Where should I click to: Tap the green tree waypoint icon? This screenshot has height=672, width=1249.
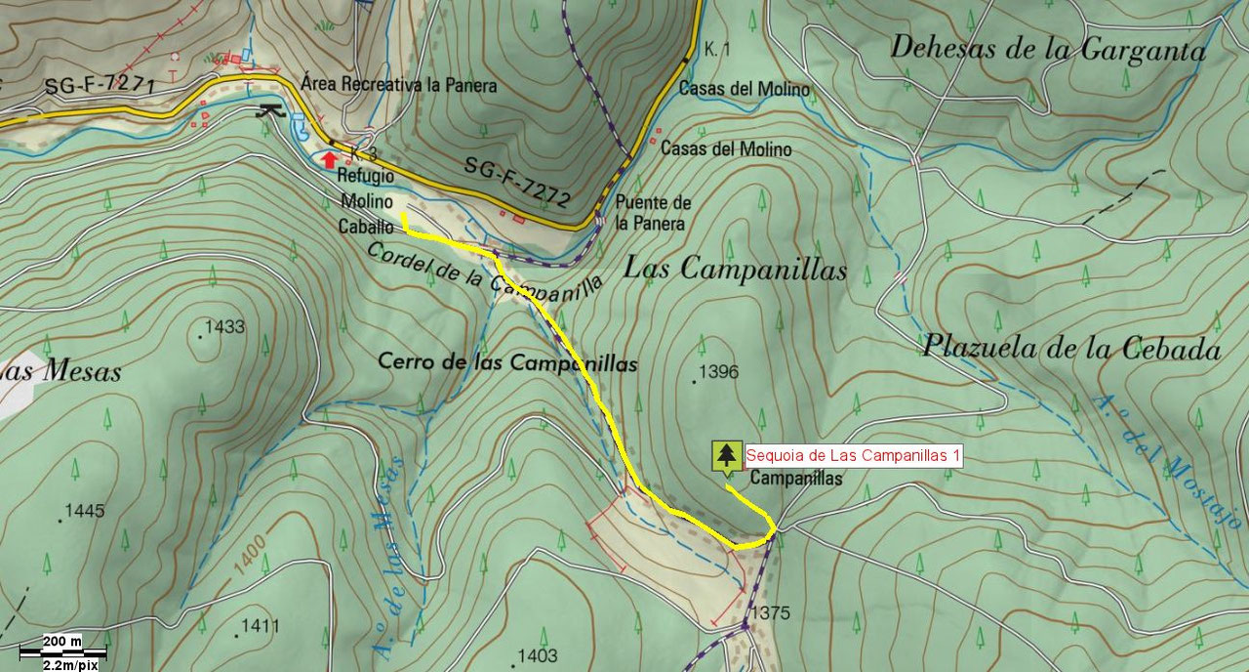(x=725, y=457)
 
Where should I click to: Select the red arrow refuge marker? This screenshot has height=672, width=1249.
(x=330, y=157)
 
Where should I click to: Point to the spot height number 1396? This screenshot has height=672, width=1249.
(x=719, y=372)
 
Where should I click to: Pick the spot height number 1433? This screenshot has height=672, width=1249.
(x=225, y=327)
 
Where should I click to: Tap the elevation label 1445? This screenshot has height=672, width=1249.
(x=84, y=511)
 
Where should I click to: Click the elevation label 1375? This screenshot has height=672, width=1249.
(x=771, y=614)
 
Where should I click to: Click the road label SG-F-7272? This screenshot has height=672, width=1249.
(x=517, y=183)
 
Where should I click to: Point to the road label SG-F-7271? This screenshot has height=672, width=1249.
(x=100, y=87)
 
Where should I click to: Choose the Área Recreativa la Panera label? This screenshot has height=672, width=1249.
(x=399, y=85)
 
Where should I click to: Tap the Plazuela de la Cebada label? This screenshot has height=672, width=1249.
(x=1071, y=349)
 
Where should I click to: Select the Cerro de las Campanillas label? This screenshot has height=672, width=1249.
(x=507, y=363)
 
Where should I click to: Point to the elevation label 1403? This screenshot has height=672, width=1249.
(x=538, y=655)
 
